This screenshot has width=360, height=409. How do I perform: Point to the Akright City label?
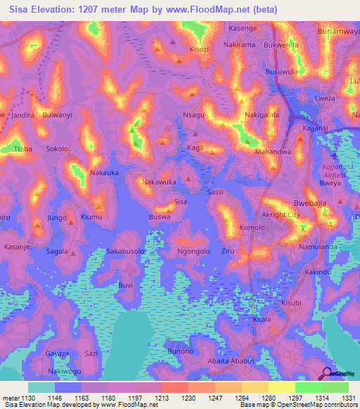tap(281, 215)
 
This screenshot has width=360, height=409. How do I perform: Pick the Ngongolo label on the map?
tap(194, 251)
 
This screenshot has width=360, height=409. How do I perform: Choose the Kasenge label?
tap(243, 28)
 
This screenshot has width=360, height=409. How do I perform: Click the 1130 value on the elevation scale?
tap(27, 397)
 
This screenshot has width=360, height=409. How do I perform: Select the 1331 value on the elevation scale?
tap(347, 397)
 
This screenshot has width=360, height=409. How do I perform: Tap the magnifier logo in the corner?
tap(328, 372)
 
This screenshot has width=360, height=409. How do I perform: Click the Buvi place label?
tap(125, 285)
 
